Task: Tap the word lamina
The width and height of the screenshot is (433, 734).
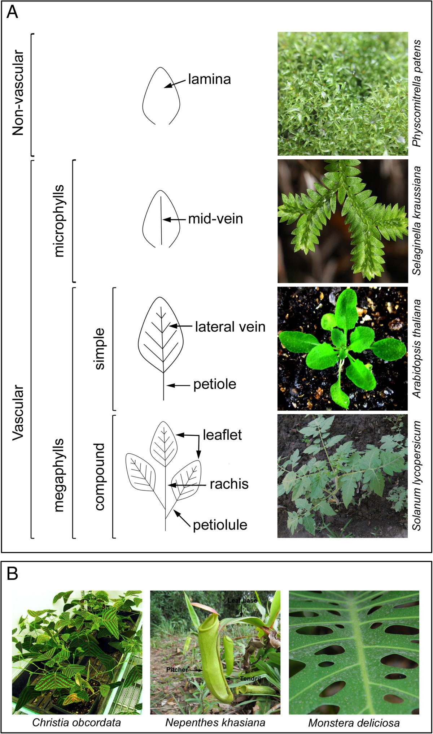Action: (209, 79)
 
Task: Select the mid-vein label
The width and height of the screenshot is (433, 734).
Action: (215, 219)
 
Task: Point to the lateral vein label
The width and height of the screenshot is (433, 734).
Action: (230, 327)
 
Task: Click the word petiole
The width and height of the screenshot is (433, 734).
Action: (215, 384)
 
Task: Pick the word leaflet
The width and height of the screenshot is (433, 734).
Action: (222, 435)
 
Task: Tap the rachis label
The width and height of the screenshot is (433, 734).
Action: (229, 484)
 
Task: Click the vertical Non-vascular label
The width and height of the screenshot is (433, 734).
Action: (18, 93)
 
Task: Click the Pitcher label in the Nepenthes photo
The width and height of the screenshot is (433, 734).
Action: (177, 670)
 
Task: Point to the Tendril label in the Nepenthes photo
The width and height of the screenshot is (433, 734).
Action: (250, 678)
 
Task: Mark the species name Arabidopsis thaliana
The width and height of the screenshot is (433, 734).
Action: (417, 349)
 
